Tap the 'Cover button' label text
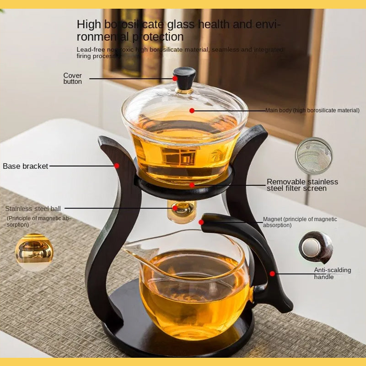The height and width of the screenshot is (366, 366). pyautogui.click(x=73, y=78)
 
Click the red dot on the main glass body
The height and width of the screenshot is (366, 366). pyautogui.click(x=192, y=110)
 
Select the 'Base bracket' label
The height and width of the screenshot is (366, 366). pyautogui.click(x=26, y=166)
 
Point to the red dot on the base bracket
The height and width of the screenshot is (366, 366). pyautogui.click(x=117, y=166)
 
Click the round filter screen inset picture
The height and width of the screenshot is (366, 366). pyautogui.click(x=314, y=156)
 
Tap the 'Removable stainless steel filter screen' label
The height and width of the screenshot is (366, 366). pyautogui.click(x=302, y=185)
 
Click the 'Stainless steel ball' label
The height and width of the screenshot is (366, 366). pyautogui.click(x=33, y=209)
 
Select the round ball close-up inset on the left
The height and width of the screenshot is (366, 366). pyautogui.click(x=34, y=252)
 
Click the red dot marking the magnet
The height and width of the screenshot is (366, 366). pyautogui.click(x=201, y=222)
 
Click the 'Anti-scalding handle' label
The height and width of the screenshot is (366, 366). pyautogui.click(x=332, y=273)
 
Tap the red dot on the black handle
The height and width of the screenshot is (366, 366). pyautogui.click(x=272, y=274)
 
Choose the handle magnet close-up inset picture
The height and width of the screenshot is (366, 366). pyautogui.click(x=316, y=247)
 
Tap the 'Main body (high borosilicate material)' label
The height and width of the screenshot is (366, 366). pyautogui.click(x=312, y=110)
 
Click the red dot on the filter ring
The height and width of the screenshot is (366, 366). pyautogui.click(x=192, y=185)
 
